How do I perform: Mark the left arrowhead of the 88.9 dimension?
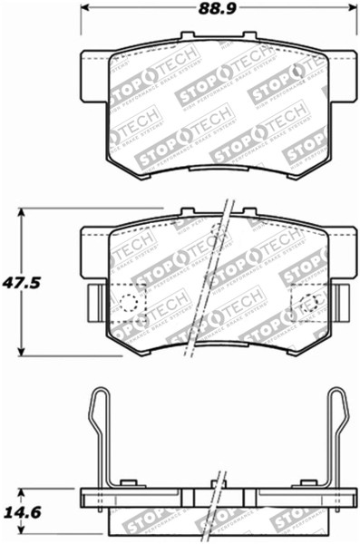(x=84, y=12)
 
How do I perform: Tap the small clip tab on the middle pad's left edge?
(x=92, y=298)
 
